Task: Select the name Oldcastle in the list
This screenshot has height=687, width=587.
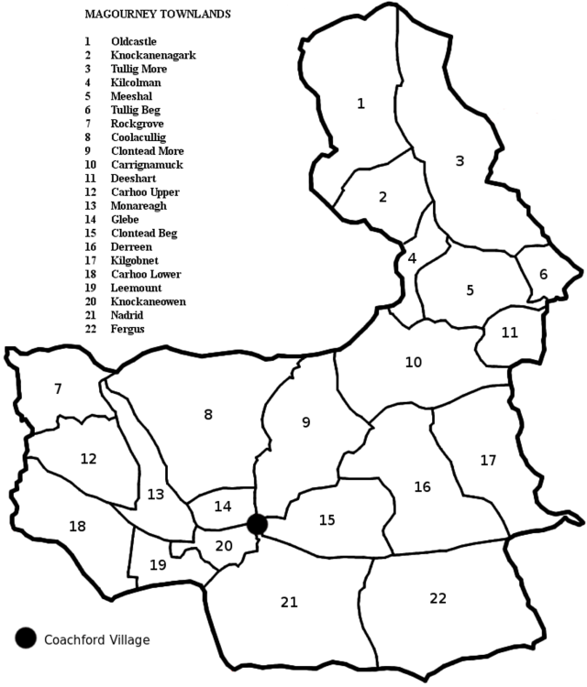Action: pos(134,41)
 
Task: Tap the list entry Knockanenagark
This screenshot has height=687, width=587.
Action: pos(153,55)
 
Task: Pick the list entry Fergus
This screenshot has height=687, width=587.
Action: pos(126,329)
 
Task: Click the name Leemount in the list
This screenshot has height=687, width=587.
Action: pos(134,288)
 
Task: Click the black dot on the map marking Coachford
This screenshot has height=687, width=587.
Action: pos(257,524)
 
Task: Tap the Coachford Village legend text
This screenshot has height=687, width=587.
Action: pos(96,640)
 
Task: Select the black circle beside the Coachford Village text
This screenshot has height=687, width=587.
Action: pos(26,638)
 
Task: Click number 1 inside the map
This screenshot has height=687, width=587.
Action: pos(360,103)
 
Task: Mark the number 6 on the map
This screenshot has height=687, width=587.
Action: pos(543,274)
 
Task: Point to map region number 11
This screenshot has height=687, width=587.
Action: pos(510,333)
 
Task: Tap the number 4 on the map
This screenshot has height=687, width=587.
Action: pos(412,258)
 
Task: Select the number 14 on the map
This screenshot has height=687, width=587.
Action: pos(223,506)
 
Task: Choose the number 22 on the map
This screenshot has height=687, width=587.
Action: pos(437,598)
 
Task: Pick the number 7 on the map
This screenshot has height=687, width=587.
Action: pos(58,388)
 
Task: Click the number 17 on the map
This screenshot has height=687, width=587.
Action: pos(488,460)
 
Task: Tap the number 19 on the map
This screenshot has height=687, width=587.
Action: pos(158,564)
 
